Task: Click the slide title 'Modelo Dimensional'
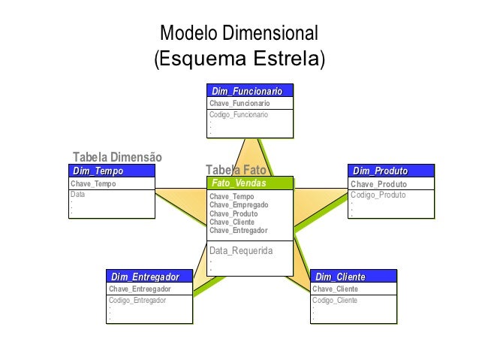[x=239, y=34]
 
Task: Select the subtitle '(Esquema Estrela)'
[x=239, y=59]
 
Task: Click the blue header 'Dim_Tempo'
[x=98, y=171]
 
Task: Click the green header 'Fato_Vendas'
[x=239, y=183]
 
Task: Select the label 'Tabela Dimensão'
[x=117, y=157]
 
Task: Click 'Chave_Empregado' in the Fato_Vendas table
[x=239, y=204]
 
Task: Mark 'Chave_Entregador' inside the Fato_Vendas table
[x=239, y=231]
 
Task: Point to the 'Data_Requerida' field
[x=241, y=250]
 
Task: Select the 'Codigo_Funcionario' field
[x=238, y=115]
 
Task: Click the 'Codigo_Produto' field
[x=378, y=195]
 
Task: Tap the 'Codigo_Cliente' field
[x=335, y=300]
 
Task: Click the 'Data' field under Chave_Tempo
[x=77, y=194]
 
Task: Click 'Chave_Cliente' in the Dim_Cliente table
[x=335, y=289]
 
